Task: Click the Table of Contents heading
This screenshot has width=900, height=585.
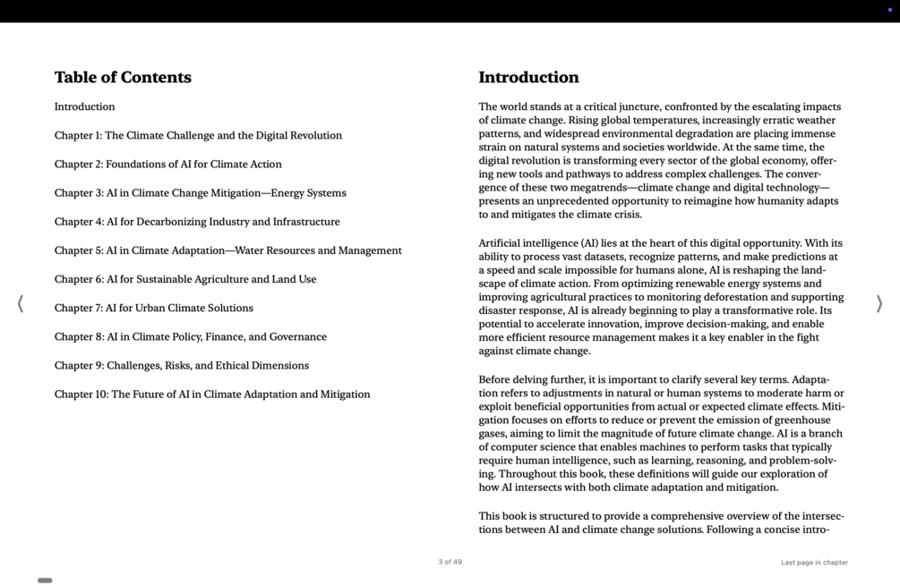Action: pyautogui.click(x=123, y=78)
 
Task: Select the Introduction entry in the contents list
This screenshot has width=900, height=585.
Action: pyautogui.click(x=84, y=107)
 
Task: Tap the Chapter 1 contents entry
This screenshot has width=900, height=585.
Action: pyautogui.click(x=198, y=136)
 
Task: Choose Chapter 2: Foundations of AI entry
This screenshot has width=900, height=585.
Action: pyautogui.click(x=167, y=165)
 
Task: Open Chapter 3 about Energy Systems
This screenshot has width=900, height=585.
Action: pyautogui.click(x=200, y=193)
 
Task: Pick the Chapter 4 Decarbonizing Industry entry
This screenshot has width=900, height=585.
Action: pyautogui.click(x=197, y=222)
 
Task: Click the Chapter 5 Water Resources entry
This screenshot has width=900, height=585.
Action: pyautogui.click(x=227, y=250)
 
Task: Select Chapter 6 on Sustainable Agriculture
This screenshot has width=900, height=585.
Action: pyautogui.click(x=185, y=279)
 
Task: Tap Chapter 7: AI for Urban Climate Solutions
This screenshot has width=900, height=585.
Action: pyautogui.click(x=153, y=309)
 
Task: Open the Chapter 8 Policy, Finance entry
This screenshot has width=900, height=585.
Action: pyautogui.click(x=190, y=337)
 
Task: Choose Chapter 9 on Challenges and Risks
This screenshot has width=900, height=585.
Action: pyautogui.click(x=181, y=366)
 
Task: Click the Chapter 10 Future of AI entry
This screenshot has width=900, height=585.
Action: pyautogui.click(x=211, y=394)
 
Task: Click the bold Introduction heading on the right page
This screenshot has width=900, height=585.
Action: pyautogui.click(x=528, y=78)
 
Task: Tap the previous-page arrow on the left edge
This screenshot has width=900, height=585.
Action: pyautogui.click(x=21, y=304)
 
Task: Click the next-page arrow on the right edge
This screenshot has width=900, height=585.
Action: pyautogui.click(x=879, y=304)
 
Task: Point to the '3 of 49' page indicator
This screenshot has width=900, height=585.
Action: pyautogui.click(x=450, y=563)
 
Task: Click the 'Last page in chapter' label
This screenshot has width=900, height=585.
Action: pyautogui.click(x=814, y=563)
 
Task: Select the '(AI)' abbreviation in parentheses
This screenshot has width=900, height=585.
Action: pyautogui.click(x=589, y=243)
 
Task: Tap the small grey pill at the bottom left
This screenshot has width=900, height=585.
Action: pyautogui.click(x=45, y=581)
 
